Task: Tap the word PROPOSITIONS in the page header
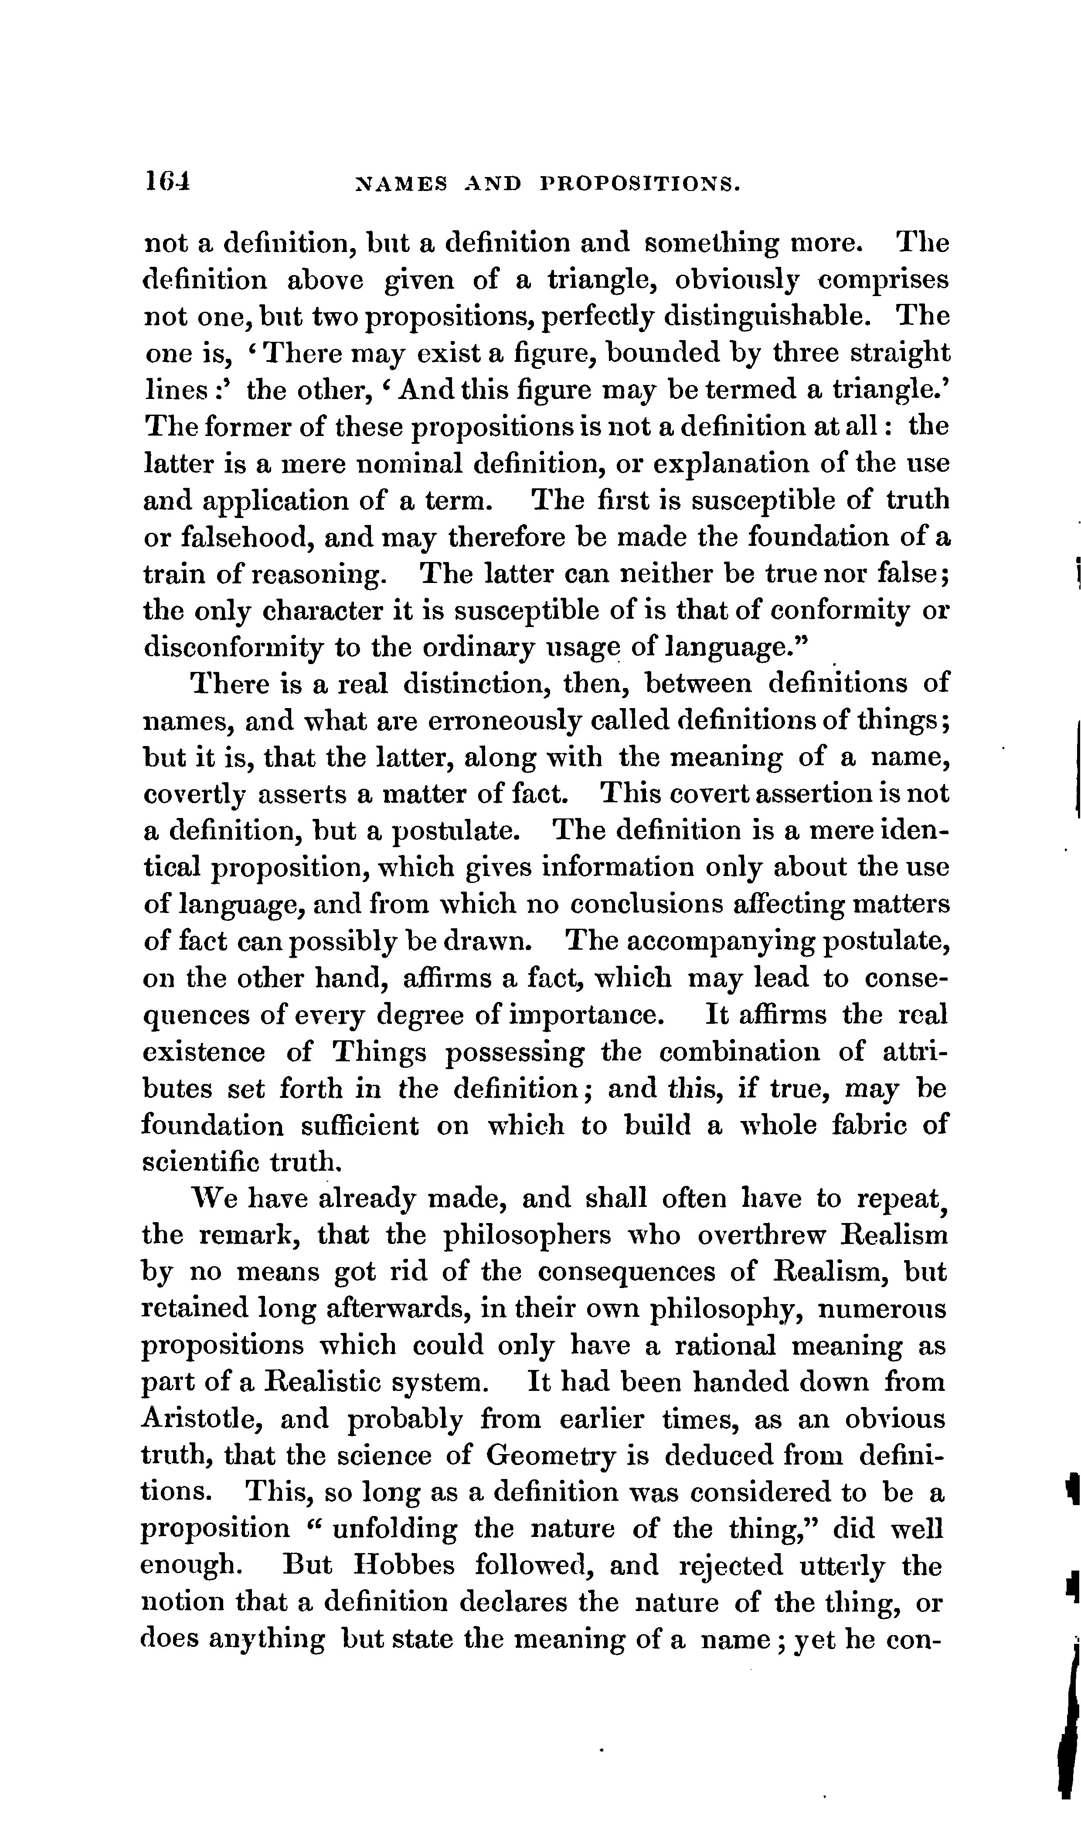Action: (x=640, y=183)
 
